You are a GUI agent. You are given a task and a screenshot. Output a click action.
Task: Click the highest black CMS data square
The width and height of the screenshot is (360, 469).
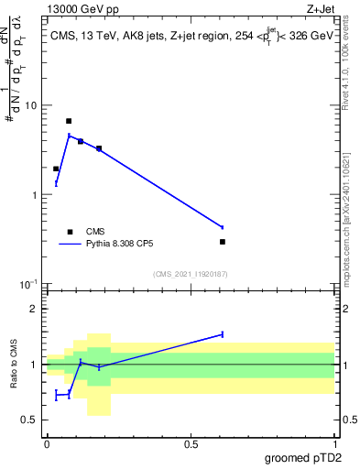tap(69, 121)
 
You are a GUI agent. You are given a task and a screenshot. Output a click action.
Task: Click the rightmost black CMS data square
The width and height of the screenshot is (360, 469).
tap(223, 242)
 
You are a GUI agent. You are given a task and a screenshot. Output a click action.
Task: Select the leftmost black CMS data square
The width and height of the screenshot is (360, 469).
tap(56, 169)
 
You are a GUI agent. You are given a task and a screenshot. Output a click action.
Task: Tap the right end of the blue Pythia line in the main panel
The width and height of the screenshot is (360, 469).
tap(223, 227)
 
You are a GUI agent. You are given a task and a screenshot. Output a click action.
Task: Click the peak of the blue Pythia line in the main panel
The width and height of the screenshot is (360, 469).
tap(69, 136)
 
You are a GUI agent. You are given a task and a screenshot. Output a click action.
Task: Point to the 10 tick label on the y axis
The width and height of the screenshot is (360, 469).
tap(31, 105)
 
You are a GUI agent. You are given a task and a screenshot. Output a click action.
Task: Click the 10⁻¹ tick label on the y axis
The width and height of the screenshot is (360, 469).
tap(28, 285)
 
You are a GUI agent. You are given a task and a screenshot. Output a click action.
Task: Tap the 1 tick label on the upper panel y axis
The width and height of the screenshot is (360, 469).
tap(35, 195)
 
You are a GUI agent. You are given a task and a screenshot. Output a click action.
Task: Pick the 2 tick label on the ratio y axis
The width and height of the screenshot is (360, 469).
tap(35, 309)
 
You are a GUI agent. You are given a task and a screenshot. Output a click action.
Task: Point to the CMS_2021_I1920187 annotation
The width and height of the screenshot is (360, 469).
tap(190, 274)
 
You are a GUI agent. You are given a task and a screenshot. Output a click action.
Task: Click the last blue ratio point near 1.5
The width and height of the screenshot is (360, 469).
tap(223, 334)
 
